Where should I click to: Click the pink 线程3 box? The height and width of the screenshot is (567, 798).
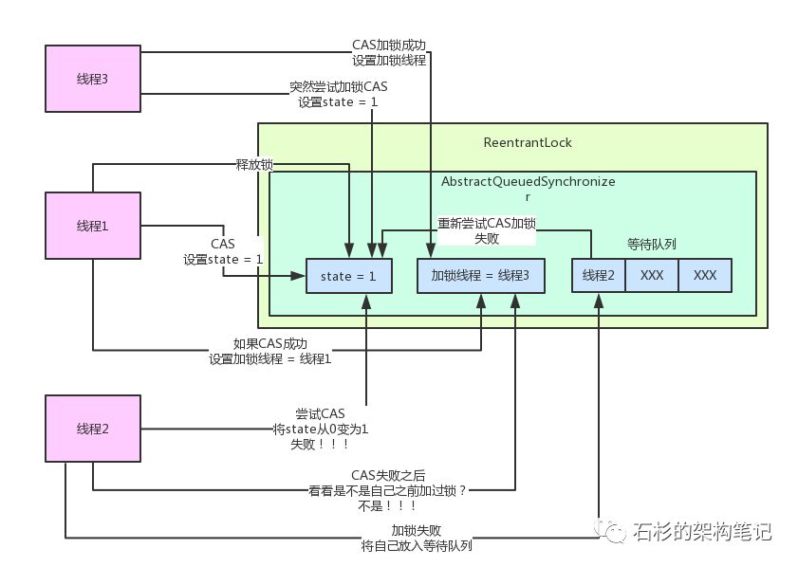[92, 78]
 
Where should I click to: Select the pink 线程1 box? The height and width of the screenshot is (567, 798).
[92, 226]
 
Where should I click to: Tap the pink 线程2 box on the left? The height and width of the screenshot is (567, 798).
[92, 429]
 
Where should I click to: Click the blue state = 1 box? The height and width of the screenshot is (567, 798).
[348, 275]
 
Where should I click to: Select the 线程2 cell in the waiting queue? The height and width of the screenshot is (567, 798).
[598, 275]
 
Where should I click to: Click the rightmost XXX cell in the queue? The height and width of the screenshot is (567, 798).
[705, 275]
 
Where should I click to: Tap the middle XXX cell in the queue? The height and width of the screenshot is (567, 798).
[651, 275]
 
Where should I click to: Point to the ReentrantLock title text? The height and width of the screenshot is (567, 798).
[528, 143]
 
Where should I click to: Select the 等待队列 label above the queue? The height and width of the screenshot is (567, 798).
[650, 244]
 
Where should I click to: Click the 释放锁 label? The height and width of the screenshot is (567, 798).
[254, 164]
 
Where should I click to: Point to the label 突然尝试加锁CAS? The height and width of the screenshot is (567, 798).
[339, 87]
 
